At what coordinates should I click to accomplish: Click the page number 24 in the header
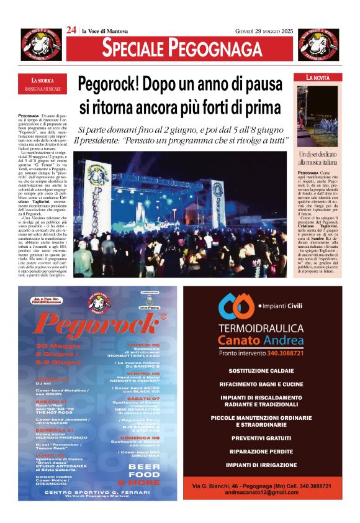71,30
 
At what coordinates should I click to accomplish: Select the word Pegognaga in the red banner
215,48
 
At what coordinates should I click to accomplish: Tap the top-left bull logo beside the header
41,44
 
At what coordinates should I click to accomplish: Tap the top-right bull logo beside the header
318,44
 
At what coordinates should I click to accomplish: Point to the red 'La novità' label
318,78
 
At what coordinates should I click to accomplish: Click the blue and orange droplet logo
235,306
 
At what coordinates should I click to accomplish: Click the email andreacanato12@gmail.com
262,493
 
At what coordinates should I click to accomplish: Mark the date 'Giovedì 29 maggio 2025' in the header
263,30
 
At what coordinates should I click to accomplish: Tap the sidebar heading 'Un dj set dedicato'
318,153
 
